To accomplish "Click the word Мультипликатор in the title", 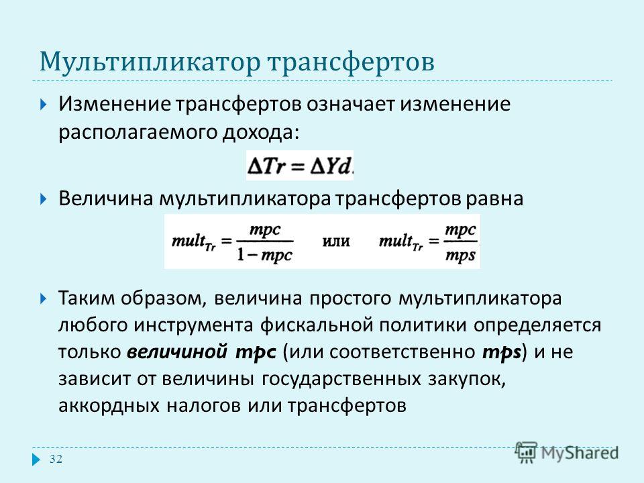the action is click(x=150, y=62).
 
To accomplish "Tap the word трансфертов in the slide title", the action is click(x=351, y=62).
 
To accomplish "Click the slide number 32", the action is click(x=56, y=459).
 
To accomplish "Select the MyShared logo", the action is click(x=568, y=452).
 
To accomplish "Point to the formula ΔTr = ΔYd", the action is click(x=300, y=166).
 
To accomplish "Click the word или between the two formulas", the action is click(x=335, y=241).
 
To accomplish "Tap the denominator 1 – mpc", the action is click(x=264, y=255).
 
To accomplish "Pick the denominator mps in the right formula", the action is click(x=460, y=255).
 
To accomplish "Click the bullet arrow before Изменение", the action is click(x=44, y=105).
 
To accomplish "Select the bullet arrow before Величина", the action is click(x=44, y=199).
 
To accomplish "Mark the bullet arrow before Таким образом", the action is click(x=44, y=298).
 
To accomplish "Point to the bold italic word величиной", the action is click(x=177, y=352).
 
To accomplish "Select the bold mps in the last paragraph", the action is click(x=502, y=353).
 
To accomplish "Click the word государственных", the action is click(x=341, y=379).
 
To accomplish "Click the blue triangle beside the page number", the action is click(x=36, y=459).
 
